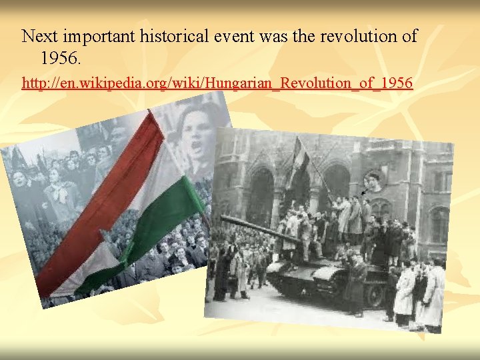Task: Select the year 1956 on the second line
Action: click(59, 59)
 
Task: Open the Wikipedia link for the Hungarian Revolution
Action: click(217, 83)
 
